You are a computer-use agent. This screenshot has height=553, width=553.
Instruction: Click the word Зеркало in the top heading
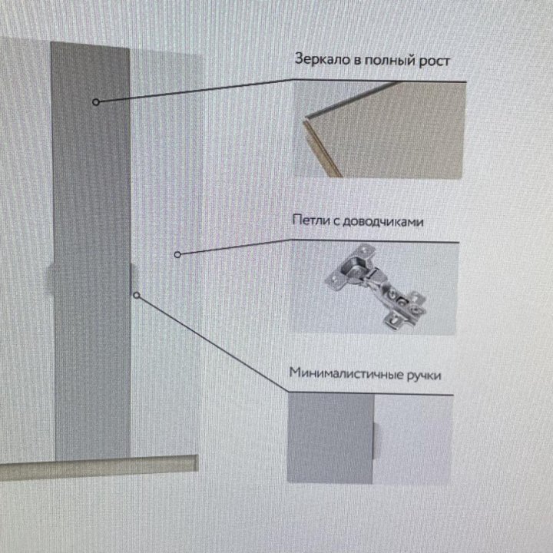pos(323,59)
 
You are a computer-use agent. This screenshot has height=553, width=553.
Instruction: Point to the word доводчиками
pos(383,221)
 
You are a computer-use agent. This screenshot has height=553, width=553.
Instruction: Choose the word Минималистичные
pos(346,373)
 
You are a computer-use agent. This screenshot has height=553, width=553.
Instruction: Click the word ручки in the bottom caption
pos(424,376)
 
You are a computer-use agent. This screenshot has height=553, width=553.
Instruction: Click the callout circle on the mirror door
pos(95,102)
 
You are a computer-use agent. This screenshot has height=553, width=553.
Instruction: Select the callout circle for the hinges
pos(177,254)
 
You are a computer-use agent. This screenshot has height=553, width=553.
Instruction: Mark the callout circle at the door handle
pos(137,295)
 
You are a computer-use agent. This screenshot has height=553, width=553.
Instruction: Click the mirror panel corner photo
pos(379,129)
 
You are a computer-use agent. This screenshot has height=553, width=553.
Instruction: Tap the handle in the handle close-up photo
pos(376,441)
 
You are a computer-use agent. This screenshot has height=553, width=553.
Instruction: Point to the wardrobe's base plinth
pos(98,468)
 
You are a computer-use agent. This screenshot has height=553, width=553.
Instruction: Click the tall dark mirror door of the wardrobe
pos(91,250)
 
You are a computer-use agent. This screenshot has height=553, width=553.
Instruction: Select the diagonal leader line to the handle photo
pos(213,343)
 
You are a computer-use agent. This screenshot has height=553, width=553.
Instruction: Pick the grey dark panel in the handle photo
pos(330,438)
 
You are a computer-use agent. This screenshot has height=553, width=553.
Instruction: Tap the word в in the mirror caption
pos(357,61)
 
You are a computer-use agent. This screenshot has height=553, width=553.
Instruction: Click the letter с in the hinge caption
pos(336,221)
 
